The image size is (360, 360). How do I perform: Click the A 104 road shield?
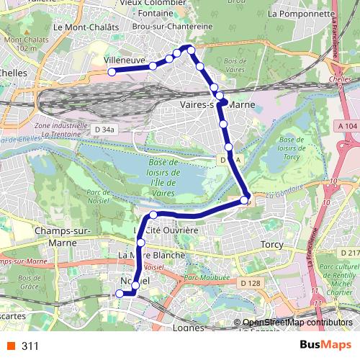(346, 126)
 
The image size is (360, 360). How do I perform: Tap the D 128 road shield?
(250, 283)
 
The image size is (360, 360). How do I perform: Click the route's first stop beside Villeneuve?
(112, 72)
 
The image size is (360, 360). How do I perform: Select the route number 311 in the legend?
(30, 346)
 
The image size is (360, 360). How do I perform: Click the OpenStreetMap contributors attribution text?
(297, 323)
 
